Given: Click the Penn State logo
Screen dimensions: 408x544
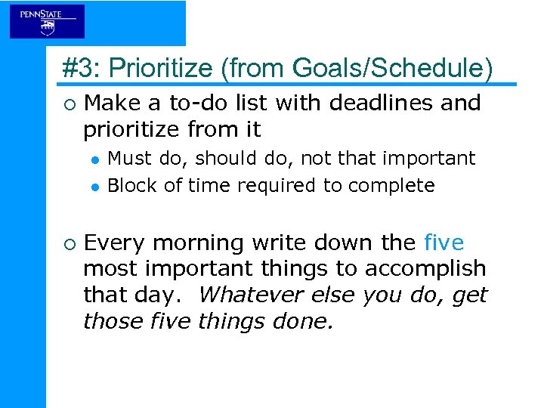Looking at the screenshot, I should point(47,22).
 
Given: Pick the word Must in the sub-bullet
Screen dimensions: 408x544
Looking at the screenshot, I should point(129,158).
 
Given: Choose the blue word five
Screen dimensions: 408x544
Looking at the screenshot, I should point(444,243).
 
